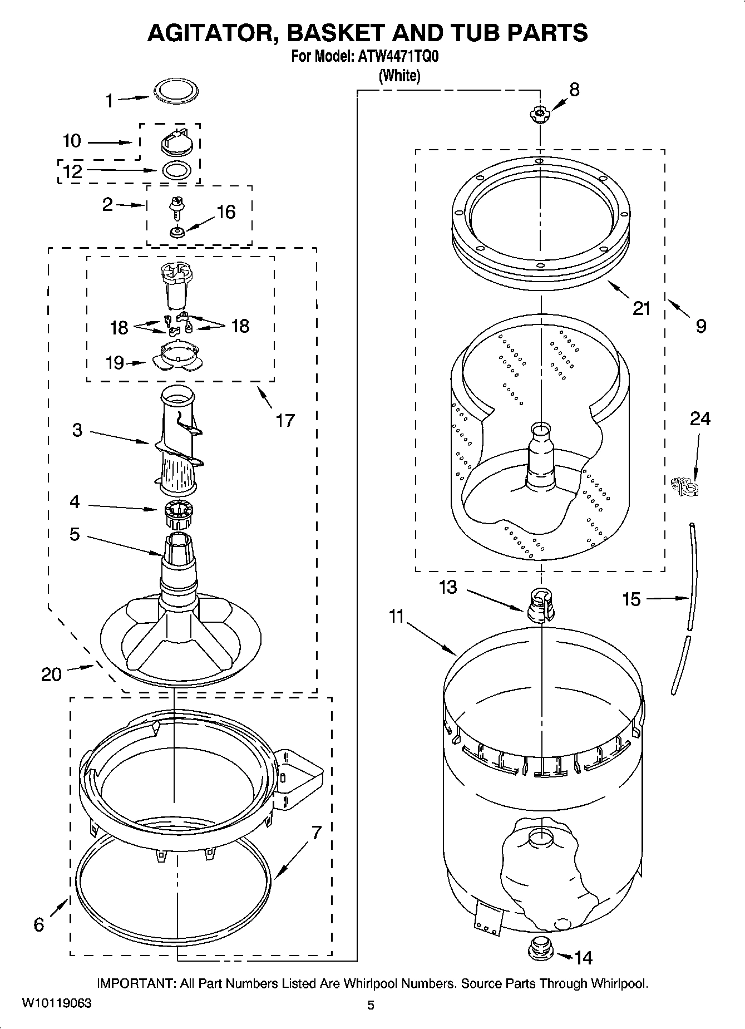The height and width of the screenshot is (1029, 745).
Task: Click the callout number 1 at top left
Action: pos(110,101)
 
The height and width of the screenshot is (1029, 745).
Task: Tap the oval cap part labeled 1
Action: pos(175,91)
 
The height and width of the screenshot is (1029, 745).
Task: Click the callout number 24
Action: pos(700,418)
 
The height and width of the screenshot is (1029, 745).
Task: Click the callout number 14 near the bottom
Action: pos(583,958)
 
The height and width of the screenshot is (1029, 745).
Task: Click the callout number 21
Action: pos(642,308)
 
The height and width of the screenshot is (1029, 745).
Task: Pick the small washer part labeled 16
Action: pos(177,232)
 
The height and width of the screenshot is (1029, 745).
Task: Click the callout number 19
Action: pos(115,363)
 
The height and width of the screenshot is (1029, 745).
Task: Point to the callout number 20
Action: pos(51,674)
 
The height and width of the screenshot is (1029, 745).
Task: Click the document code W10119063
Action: pos(57,1003)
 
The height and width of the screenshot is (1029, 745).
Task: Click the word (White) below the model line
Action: pos(399,75)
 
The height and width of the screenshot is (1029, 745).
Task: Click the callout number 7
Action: pos(316,833)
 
